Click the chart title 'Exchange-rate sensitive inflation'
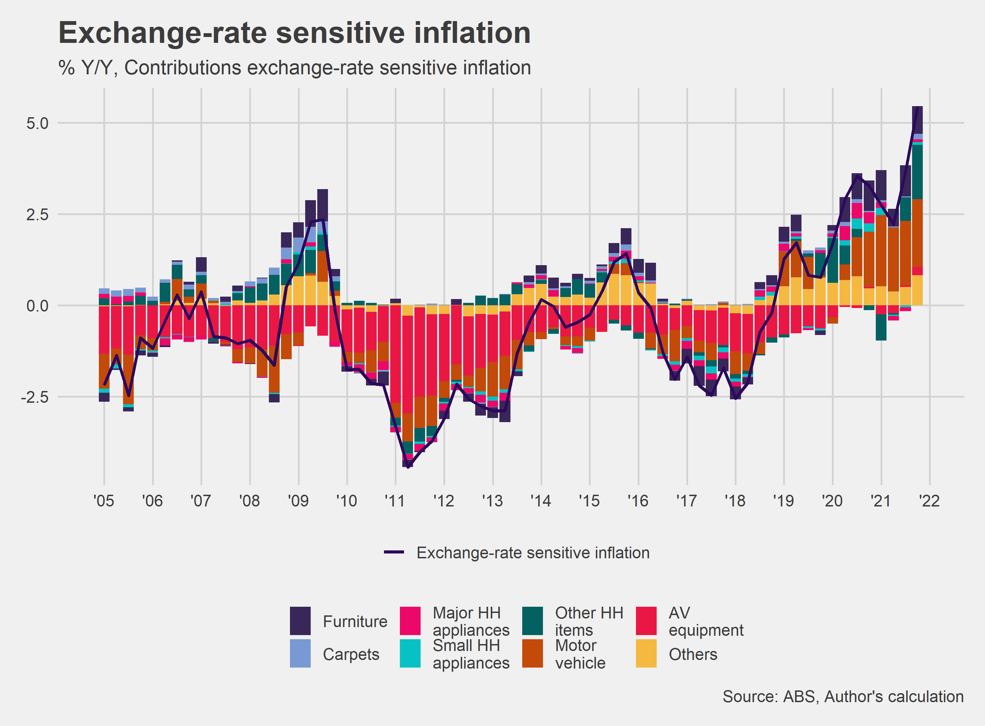[x=294, y=33]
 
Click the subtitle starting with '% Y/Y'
[x=294, y=68]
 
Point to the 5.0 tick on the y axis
[x=37, y=123]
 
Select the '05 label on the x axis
[x=104, y=501]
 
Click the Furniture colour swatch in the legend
[x=300, y=621]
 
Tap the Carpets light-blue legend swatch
[x=300, y=653]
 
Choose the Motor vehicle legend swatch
[x=533, y=653]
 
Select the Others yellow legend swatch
[x=646, y=653]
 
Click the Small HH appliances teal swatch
[x=410, y=653]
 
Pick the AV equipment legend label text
[x=706, y=621]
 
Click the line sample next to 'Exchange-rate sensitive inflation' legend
[x=394, y=552]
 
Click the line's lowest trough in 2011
[x=408, y=467]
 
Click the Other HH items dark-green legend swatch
[x=533, y=621]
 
